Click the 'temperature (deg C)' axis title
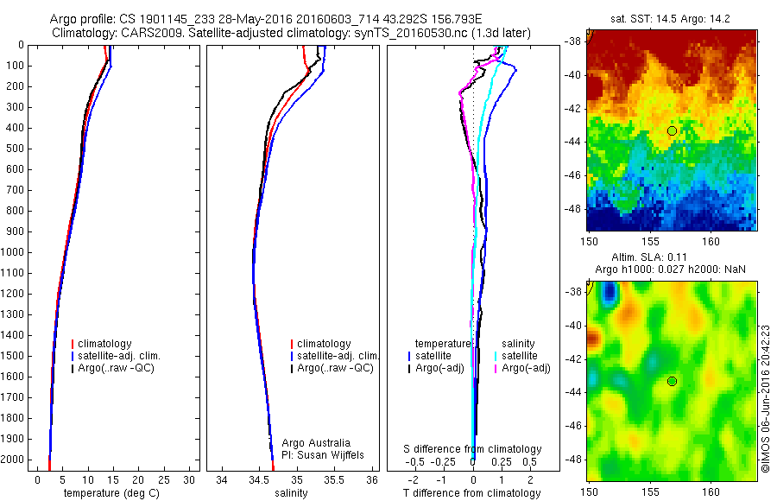110,493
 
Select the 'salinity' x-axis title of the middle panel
289,493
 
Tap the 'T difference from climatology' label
471,493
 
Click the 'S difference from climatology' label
472,449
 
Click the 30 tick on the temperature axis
190,479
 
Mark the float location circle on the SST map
672,130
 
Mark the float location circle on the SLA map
672,381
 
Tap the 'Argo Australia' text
316,443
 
